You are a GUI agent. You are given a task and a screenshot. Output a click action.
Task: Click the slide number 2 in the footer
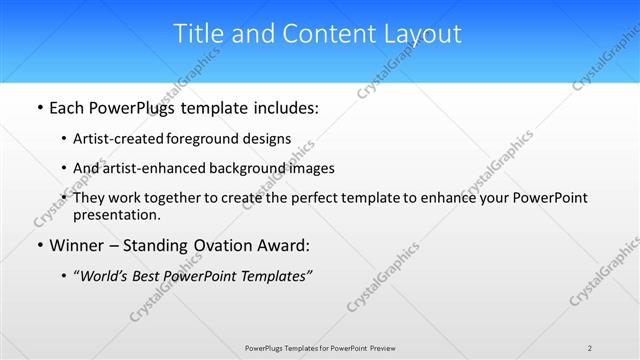[590, 348]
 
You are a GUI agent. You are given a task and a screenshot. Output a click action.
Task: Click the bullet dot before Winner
[39, 246]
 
